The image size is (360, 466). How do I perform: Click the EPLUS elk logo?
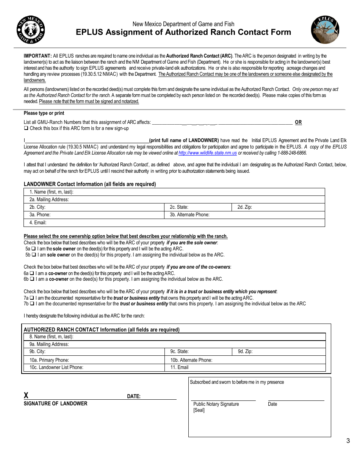[x=325, y=30]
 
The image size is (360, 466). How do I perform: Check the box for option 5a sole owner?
[x=33, y=249]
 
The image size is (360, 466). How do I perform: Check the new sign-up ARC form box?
[x=26, y=128]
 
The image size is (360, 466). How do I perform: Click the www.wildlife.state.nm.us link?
[x=208, y=153]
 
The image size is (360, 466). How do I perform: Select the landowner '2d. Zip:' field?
[x=279, y=207]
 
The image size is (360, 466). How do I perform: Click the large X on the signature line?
[x=26, y=396]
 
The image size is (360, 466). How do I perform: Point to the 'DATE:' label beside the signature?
[x=134, y=397]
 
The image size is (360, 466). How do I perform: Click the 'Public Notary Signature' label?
[x=216, y=404]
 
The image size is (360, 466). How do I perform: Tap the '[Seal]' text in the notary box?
[x=199, y=410]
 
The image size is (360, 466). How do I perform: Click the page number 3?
[x=348, y=441]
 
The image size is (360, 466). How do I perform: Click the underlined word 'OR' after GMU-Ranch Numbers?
[x=299, y=122]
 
